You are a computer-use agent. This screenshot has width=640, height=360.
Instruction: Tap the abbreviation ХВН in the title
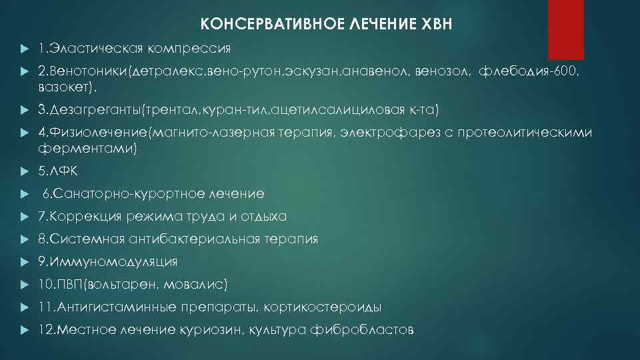tap(437, 25)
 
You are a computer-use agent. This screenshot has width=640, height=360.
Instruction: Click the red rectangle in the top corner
tap(565, 30)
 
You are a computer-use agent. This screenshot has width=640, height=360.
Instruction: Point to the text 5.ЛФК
tap(57, 171)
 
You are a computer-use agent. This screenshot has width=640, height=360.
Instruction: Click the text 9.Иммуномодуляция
tap(107, 261)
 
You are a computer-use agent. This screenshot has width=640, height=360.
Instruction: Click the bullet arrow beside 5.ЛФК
tap(23, 171)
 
